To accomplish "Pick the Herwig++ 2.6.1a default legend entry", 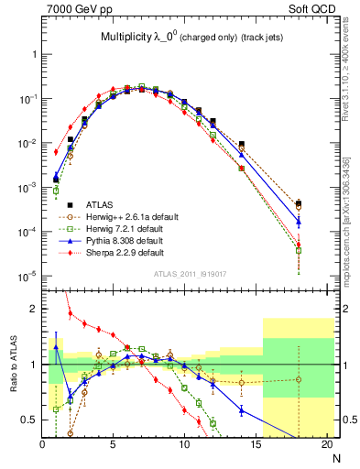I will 128,216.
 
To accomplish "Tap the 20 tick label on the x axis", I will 327,446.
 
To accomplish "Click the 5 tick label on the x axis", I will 113,446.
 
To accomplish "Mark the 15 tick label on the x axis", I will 256,446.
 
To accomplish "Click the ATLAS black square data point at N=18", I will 299,203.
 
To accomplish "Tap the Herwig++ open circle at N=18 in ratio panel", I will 299,379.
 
